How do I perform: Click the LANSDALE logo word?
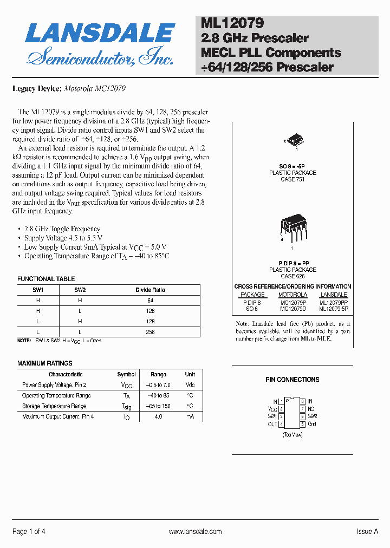click(100, 33)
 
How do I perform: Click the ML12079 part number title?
click(232, 23)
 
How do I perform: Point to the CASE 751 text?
click(292, 180)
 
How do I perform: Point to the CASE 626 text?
click(292, 276)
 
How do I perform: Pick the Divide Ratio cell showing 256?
click(150, 332)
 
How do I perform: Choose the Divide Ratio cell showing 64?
click(150, 301)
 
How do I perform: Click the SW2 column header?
click(80, 290)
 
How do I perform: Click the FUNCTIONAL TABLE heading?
click(46, 279)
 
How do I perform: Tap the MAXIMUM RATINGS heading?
click(45, 363)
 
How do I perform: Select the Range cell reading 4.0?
click(158, 416)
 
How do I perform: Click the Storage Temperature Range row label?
click(54, 406)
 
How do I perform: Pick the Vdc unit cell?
click(190, 385)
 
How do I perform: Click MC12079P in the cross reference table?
click(292, 303)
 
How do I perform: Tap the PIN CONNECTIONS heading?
click(292, 380)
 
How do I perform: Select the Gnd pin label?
click(312, 424)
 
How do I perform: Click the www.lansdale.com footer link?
click(195, 532)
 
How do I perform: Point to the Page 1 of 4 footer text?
click(29, 532)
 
